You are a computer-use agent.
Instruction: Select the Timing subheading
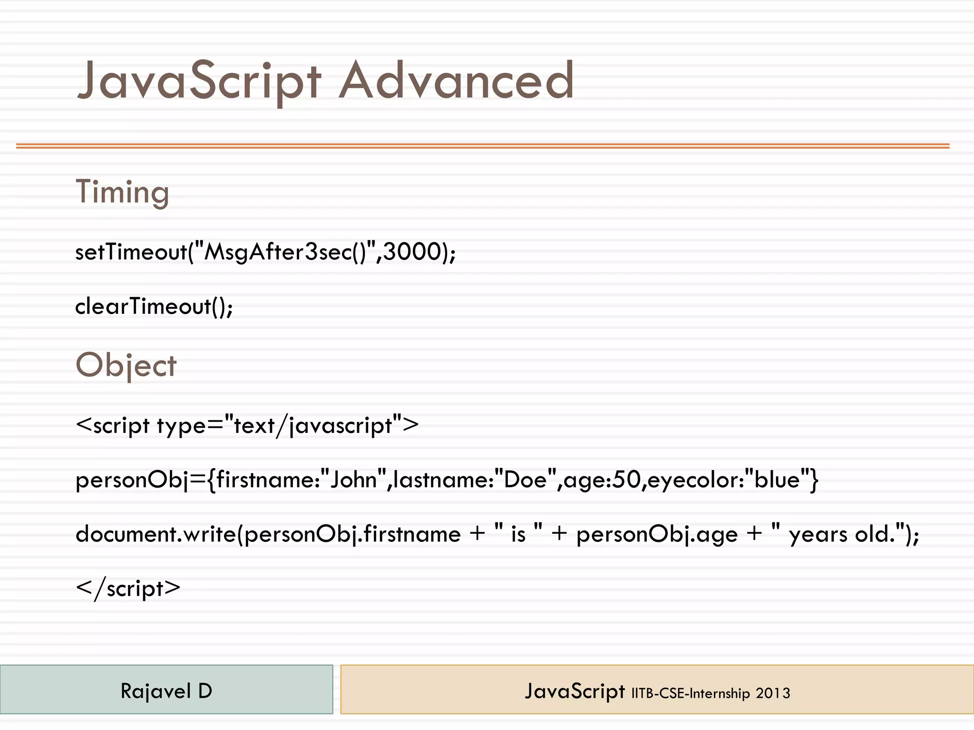122,192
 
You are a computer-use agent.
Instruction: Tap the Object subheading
126,365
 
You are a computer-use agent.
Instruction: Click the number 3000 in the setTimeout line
412,251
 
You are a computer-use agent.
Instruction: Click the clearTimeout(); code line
154,306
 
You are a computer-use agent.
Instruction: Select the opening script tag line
247,425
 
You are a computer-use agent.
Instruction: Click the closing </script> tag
128,589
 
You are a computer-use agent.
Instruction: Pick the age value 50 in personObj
626,480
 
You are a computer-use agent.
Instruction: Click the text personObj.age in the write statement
657,535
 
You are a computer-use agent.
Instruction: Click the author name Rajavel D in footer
166,691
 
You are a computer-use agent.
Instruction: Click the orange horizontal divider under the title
483,146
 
